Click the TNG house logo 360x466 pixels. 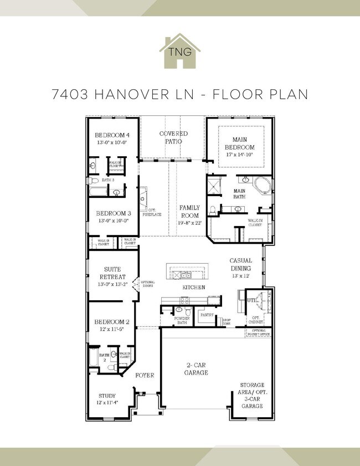[179, 51]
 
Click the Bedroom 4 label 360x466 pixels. [112, 135]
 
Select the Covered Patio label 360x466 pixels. [173, 137]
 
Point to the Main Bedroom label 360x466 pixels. [239, 144]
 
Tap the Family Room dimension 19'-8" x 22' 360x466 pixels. [191, 222]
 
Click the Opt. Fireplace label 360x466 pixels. [153, 212]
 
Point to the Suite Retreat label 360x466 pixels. [112, 273]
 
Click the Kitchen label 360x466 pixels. [194, 288]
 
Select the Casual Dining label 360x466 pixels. [241, 264]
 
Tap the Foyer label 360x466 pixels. [145, 375]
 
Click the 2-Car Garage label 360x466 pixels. [197, 369]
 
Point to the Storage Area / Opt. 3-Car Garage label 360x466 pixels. [251, 395]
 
